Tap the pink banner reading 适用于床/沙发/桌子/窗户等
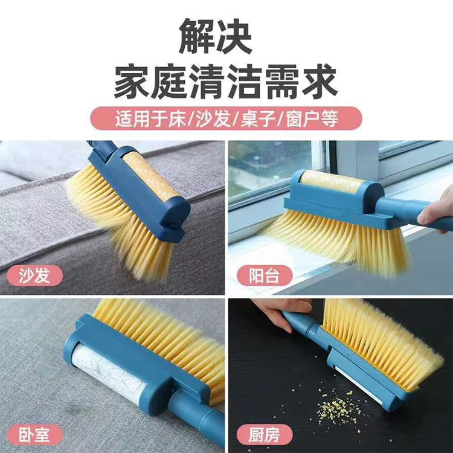tap(226, 118)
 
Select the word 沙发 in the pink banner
tap(214, 118)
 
